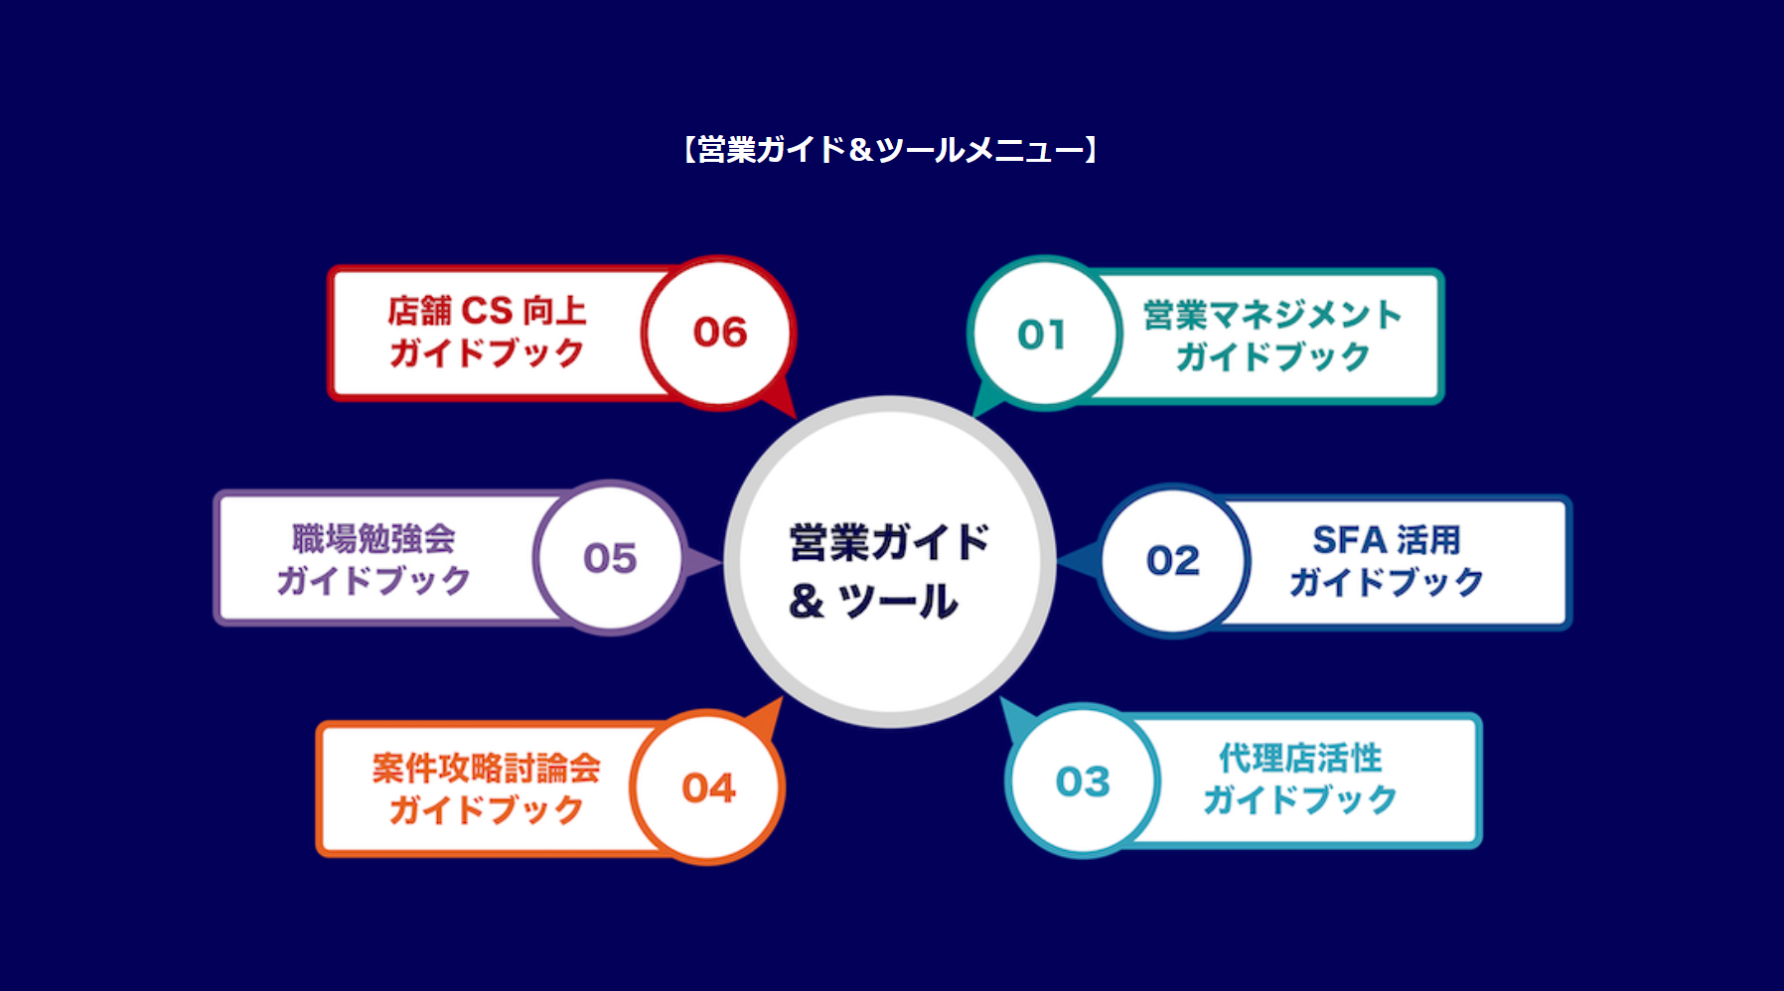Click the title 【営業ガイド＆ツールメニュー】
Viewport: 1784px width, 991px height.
890,150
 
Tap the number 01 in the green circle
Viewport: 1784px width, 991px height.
1041,335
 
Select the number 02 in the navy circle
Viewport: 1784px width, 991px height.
1173,561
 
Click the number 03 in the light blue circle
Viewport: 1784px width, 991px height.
1083,781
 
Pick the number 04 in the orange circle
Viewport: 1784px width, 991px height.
708,788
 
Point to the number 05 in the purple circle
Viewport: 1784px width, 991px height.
610,558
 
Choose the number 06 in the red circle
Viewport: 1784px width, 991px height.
720,333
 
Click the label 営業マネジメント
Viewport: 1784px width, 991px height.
1272,315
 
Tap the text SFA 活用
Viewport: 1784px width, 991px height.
1386,540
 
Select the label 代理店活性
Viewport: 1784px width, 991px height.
1300,759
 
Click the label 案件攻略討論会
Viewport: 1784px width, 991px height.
487,768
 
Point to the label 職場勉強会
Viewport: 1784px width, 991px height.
373,538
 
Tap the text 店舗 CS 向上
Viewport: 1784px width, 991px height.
487,311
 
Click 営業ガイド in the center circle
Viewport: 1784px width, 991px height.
889,542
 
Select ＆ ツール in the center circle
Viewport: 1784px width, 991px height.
874,601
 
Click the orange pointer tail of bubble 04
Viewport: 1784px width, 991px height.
766,717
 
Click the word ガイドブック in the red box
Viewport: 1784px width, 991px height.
487,353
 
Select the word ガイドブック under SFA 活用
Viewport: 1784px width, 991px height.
1386,582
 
